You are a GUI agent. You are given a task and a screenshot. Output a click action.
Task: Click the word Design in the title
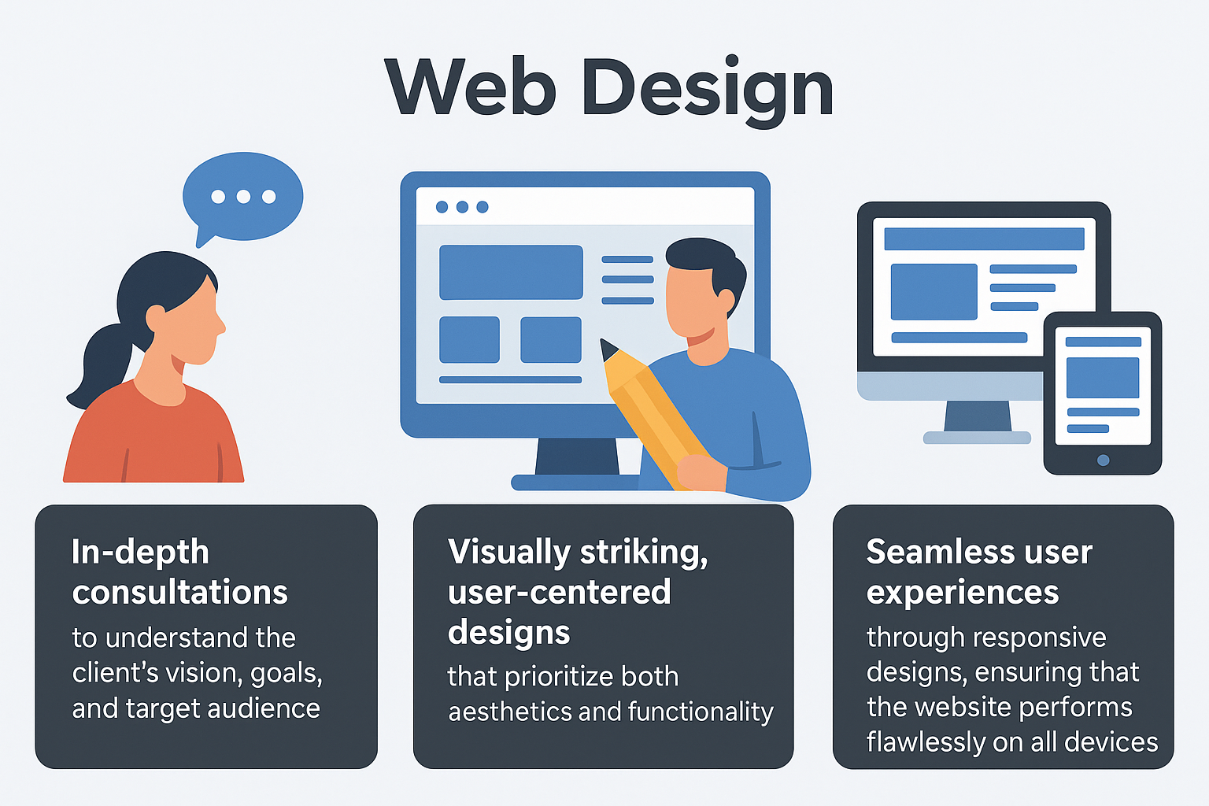708,89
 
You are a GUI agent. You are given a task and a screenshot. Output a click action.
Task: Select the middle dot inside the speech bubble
243,196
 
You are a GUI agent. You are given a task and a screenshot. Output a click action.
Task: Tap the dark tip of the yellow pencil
608,349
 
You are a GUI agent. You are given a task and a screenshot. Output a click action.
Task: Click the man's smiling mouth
700,337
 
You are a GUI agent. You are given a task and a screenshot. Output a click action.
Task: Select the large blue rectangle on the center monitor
511,272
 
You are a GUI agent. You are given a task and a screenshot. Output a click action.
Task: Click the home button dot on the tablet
1103,460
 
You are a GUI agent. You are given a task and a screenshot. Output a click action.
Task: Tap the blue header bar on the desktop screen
984,238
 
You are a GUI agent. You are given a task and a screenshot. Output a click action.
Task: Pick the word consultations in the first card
180,593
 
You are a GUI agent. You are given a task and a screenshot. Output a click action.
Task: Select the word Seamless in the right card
926,552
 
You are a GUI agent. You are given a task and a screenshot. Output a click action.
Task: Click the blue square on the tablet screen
1102,377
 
